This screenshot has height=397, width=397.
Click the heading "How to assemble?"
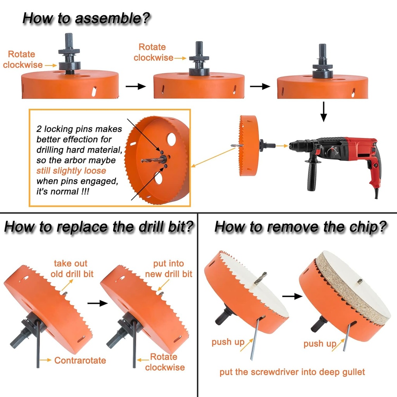(86, 18)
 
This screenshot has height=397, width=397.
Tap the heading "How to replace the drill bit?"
(98, 227)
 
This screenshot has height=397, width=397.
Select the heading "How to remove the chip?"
(301, 227)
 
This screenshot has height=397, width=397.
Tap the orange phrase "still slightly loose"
(71, 171)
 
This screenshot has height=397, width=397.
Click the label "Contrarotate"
(80, 361)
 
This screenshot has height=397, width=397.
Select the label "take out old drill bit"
(72, 269)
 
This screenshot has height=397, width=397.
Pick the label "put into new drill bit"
(169, 269)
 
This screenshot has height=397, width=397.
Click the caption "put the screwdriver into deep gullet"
(292, 372)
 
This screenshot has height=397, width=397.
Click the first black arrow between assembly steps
(136, 86)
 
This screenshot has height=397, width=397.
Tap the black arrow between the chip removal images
(292, 296)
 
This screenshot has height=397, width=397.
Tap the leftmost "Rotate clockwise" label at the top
(22, 60)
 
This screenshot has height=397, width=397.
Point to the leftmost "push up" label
(228, 342)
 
